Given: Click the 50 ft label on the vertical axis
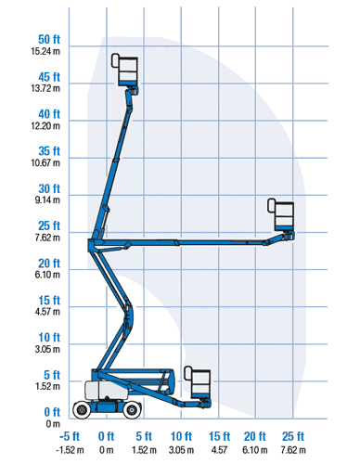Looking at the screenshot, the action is pyautogui.click(x=49, y=40).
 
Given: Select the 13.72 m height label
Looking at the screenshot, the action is pyautogui.click(x=45, y=88).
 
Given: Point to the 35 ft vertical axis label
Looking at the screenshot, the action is pyautogui.click(x=49, y=151).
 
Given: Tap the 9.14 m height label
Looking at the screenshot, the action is pyautogui.click(x=47, y=200).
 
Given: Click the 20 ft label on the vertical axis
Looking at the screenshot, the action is pyautogui.click(x=49, y=264).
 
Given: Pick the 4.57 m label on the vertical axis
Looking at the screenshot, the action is pyautogui.click(x=47, y=312).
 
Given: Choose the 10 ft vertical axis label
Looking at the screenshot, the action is pyautogui.click(x=49, y=338).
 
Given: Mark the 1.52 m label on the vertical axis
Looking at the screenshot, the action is pyautogui.click(x=47, y=386).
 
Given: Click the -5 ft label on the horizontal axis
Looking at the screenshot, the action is pyautogui.click(x=70, y=436).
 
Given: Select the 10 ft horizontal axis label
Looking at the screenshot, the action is pyautogui.click(x=181, y=436).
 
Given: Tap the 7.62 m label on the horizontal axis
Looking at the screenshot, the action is pyautogui.click(x=293, y=450).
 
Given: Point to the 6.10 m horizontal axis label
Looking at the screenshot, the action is pyautogui.click(x=255, y=450).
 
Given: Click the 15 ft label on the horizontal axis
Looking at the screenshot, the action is pyautogui.click(x=219, y=436).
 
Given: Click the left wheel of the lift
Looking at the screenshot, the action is pyautogui.click(x=82, y=409).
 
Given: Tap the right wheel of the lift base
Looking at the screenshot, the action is pyautogui.click(x=132, y=410).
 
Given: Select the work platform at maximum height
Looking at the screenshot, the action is pyautogui.click(x=125, y=71).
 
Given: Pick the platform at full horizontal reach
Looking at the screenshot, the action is pyautogui.click(x=281, y=214).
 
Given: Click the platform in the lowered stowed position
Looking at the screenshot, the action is pyautogui.click(x=198, y=382).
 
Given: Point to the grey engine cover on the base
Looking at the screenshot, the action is pyautogui.click(x=107, y=390).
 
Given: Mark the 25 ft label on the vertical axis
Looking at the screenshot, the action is pyautogui.click(x=49, y=226).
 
